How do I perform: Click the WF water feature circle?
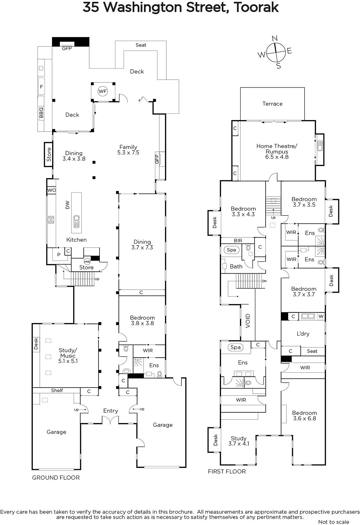click(103, 91)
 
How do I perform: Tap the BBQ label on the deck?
click(41, 113)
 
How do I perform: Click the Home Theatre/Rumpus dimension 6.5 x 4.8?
click(277, 157)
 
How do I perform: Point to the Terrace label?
click(272, 104)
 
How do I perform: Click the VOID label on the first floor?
click(248, 321)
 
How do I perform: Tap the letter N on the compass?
click(275, 38)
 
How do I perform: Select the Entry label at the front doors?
click(111, 411)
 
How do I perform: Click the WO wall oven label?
click(52, 190)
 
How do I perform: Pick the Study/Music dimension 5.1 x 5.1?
click(68, 361)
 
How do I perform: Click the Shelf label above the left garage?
click(57, 390)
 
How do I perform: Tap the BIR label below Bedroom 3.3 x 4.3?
click(238, 241)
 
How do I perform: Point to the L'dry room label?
click(303, 333)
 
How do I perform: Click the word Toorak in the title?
click(256, 7)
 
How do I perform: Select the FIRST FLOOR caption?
click(227, 471)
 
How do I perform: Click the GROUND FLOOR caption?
click(56, 477)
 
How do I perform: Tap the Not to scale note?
click(334, 522)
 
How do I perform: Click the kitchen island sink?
click(76, 221)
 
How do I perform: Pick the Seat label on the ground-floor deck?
click(141, 45)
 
